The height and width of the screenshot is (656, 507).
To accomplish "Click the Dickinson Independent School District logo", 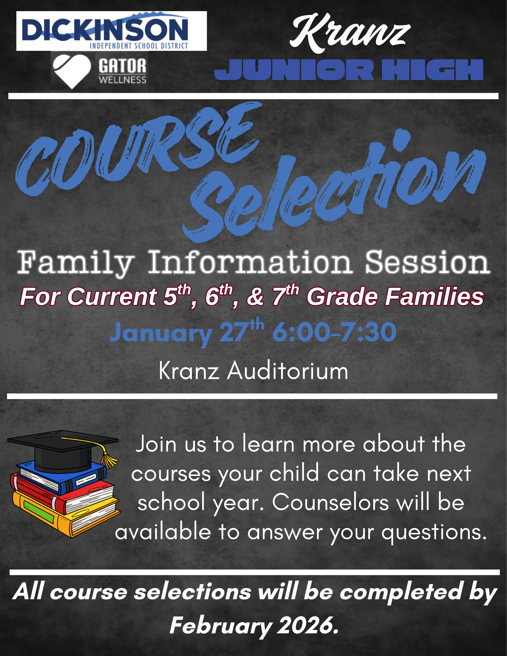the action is click(112, 31).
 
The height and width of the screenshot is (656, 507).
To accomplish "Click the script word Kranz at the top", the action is click(350, 33).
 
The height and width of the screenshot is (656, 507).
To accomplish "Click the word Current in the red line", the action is click(112, 296).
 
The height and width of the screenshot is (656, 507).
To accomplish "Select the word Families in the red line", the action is click(434, 296).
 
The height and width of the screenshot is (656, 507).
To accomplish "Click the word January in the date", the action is click(161, 333).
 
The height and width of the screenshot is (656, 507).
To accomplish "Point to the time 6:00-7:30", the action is click(334, 332).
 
